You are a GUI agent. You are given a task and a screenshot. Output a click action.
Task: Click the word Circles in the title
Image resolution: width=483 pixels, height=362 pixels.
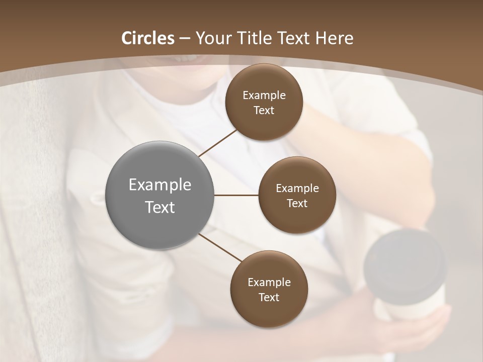147,38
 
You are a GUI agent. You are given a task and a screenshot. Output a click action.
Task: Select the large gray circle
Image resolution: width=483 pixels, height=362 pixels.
160,195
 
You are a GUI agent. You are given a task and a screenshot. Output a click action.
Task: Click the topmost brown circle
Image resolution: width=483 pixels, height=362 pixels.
264,102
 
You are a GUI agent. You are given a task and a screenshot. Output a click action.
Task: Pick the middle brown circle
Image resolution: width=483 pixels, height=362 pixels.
297,195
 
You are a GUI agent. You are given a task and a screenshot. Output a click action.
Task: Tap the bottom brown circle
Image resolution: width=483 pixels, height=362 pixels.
269,289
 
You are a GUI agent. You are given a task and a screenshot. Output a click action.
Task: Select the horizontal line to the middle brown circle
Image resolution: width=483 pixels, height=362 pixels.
236,195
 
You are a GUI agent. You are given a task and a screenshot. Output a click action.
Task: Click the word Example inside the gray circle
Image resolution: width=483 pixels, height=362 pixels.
160,185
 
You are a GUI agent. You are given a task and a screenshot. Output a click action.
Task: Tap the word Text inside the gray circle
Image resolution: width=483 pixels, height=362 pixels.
160,207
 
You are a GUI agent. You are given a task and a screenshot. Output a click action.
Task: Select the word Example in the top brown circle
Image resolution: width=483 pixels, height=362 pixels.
264,95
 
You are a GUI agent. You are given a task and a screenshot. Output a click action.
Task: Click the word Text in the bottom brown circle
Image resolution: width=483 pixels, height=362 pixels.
269,297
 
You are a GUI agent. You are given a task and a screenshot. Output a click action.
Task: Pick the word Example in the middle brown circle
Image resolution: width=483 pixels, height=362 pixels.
297,188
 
